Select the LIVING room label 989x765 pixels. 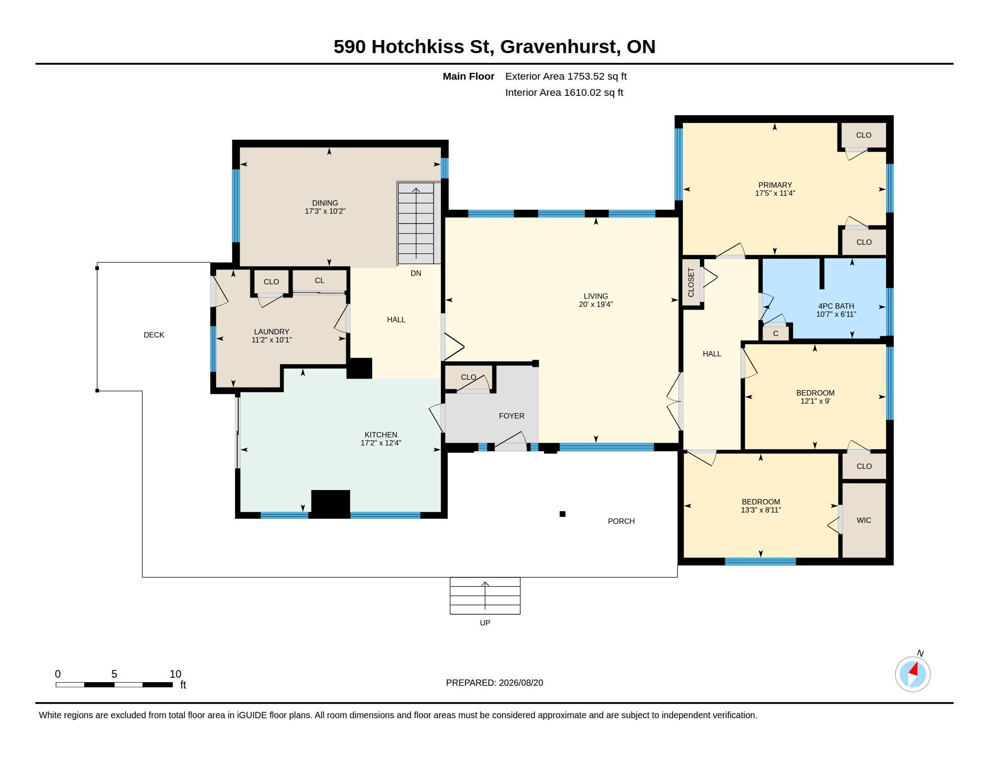596,296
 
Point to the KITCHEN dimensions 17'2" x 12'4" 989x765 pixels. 381,443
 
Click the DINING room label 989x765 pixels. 325,203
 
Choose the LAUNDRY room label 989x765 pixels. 271,332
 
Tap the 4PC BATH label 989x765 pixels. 836,306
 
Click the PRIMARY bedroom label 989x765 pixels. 775,185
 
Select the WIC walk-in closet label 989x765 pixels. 864,520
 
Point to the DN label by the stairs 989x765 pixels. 416,273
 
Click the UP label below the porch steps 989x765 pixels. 485,623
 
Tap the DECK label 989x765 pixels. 154,335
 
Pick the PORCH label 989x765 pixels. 621,521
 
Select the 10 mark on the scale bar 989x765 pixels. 175,674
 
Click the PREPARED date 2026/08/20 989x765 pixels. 521,683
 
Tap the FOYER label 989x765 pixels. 512,416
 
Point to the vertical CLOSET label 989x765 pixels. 691,282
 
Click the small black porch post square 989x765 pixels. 562,514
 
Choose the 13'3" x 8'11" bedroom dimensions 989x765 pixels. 761,510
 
